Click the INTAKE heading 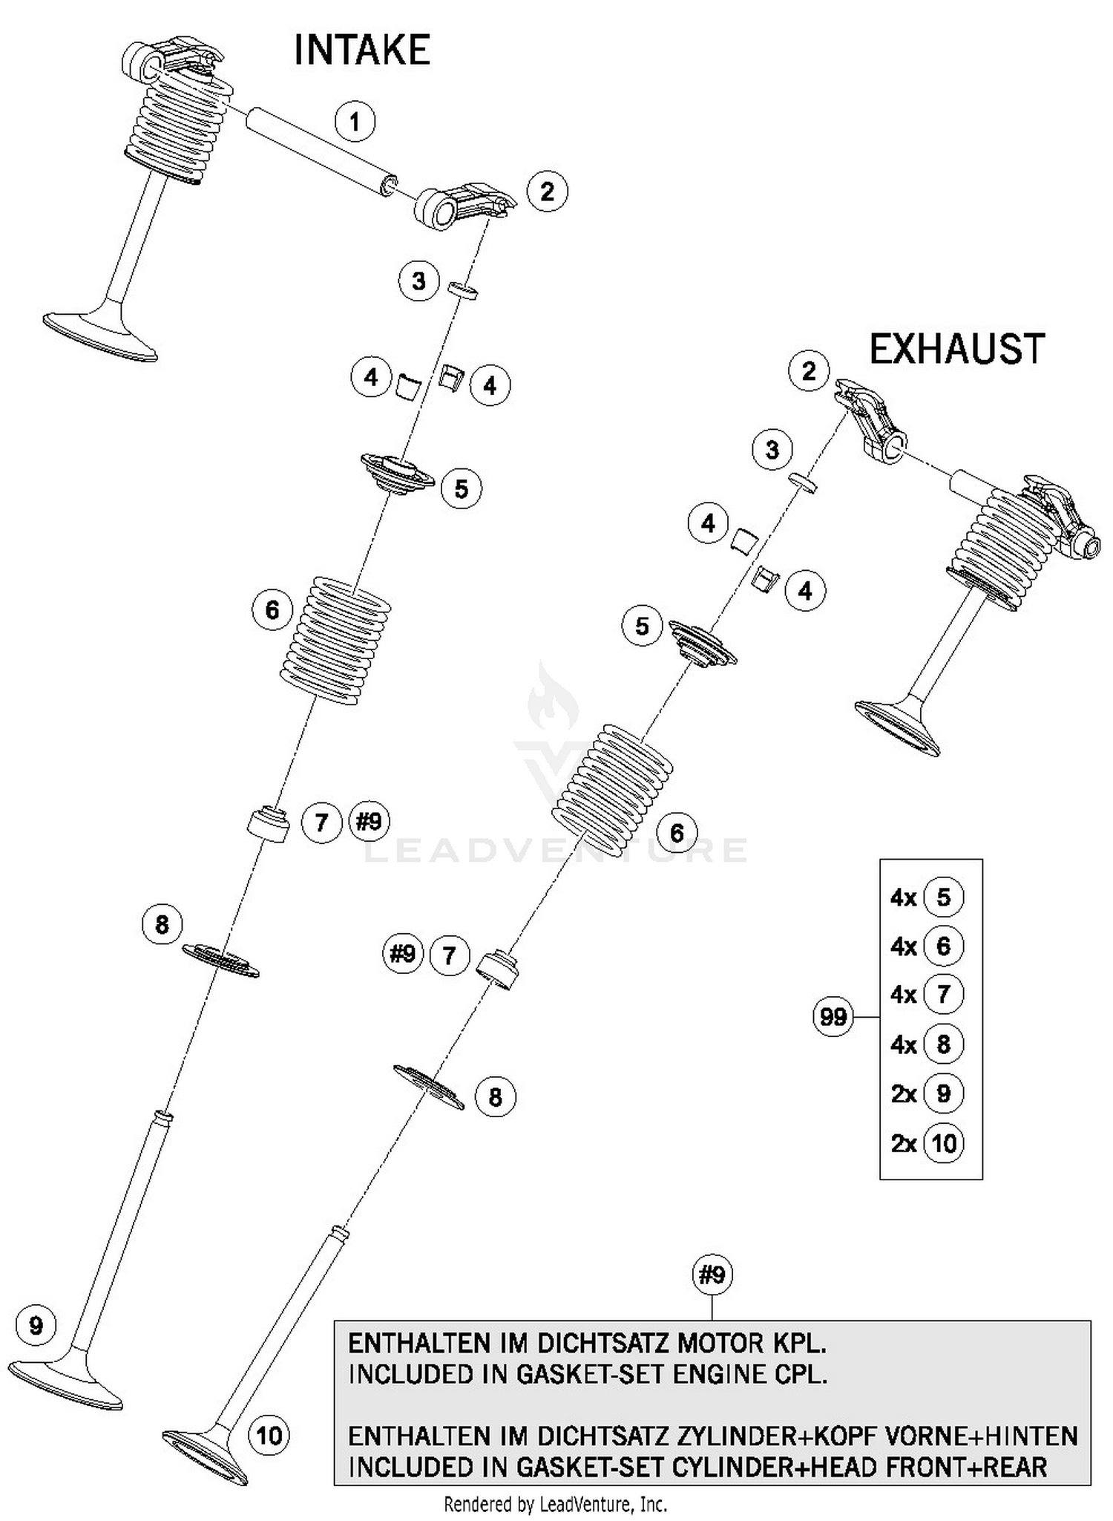361,51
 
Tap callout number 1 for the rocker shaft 355,122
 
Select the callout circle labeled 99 833,1016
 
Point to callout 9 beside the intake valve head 36,1326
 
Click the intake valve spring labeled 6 335,639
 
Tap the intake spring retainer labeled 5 397,475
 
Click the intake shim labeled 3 463,290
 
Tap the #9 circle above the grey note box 712,1275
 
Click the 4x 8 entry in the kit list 927,1044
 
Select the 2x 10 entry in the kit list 927,1142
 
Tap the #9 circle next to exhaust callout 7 403,953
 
